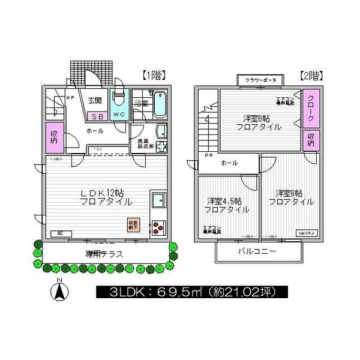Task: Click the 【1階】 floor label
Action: click(154, 75)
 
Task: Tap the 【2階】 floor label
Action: click(311, 76)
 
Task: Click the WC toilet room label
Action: click(118, 115)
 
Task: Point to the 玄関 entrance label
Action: click(95, 101)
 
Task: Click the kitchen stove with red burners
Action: click(157, 227)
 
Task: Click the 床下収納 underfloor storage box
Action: click(132, 225)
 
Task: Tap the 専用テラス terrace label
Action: click(104, 254)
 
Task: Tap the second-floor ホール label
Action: click(229, 163)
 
